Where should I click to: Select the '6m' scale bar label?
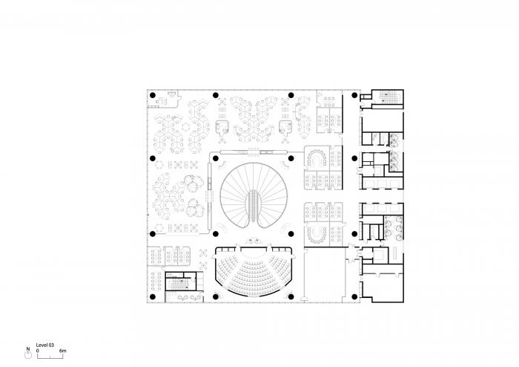click(63, 350)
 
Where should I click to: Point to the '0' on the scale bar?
click(39, 350)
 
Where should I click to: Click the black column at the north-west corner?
click(152, 96)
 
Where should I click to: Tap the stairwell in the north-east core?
click(389, 97)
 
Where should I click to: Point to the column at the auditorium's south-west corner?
click(216, 295)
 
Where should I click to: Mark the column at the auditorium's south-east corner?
click(291, 295)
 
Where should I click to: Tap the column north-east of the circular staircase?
click(291, 158)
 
